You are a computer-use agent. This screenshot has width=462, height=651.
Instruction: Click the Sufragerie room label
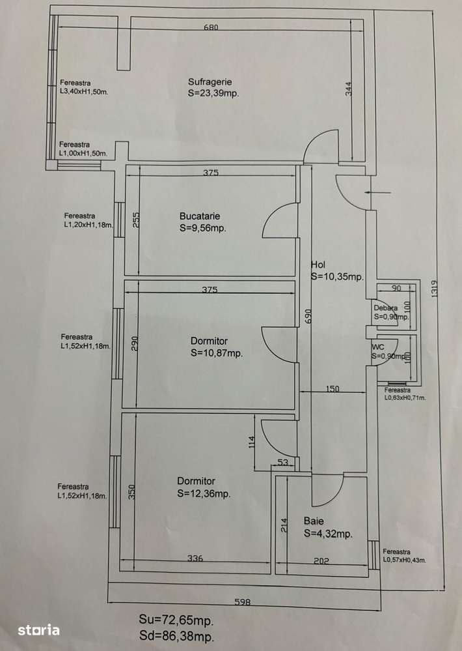point(210,82)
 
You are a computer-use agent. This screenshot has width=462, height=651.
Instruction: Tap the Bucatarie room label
point(200,216)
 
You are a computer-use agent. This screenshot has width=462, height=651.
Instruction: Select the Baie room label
point(314,521)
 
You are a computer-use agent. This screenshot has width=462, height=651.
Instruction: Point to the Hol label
point(318,265)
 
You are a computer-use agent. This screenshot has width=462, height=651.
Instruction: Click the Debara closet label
point(386,308)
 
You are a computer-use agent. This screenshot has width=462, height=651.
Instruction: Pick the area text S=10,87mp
point(217,353)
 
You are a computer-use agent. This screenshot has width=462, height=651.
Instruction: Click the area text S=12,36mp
point(204,494)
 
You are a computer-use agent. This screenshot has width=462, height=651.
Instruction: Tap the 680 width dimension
point(211,27)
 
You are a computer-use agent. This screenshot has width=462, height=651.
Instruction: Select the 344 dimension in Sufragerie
point(348,89)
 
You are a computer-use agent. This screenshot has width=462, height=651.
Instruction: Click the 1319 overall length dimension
point(434,289)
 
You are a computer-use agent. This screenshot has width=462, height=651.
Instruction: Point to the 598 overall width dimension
point(243,601)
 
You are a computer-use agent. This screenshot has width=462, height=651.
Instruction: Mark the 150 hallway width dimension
point(333,388)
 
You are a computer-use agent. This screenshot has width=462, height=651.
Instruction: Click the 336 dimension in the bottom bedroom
point(195,558)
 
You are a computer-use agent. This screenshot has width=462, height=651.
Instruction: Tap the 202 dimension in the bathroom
point(321,561)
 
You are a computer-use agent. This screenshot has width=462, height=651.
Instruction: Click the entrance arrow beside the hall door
point(377,193)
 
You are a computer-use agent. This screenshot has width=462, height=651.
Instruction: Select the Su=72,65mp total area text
point(176,620)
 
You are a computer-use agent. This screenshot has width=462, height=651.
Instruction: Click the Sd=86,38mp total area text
point(176,636)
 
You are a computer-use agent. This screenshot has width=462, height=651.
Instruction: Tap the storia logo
point(38,630)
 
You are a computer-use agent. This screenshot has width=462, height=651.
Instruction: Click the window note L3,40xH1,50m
point(84,92)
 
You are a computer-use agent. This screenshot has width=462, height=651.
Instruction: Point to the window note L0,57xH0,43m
point(404,560)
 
